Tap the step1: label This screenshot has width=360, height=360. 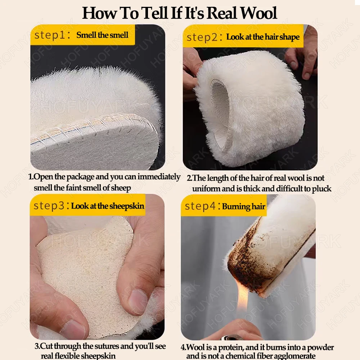click(52, 35)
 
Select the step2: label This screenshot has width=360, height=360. click(204, 37)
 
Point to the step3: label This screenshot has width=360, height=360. click(51, 206)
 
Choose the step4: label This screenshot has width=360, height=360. click(202, 206)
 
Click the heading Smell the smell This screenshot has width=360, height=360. click(102, 35)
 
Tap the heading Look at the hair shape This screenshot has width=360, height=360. click(263, 37)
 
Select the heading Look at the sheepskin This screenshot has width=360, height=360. click(108, 206)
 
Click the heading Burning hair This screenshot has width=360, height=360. click(244, 207)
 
